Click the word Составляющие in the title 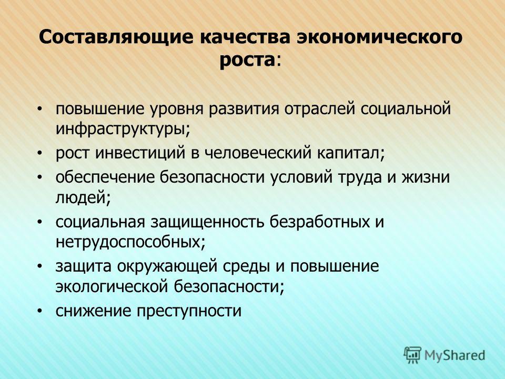point(117,37)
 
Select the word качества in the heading point(245,36)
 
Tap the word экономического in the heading point(380,36)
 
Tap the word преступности point(189,311)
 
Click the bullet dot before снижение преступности point(39,311)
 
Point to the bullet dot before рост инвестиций point(39,153)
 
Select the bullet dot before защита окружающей point(39,266)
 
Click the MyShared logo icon point(412,355)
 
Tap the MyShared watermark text point(454,355)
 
